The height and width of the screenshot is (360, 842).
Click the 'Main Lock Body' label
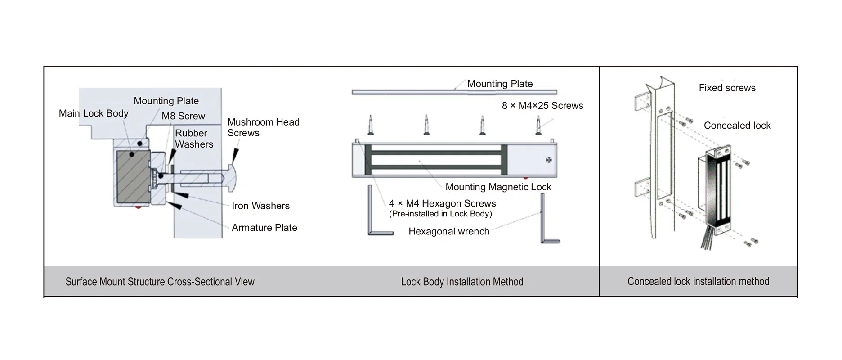tap(94, 113)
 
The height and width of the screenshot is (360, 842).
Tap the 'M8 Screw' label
tap(183, 116)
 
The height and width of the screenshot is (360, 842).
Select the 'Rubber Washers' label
tap(193, 139)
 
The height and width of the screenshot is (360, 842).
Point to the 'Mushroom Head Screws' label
tap(263, 127)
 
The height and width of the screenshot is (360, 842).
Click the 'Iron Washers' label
tap(260, 206)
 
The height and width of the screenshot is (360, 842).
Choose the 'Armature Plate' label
tap(264, 228)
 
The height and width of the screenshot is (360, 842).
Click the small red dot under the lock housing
tap(138, 207)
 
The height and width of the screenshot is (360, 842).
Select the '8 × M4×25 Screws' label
tap(542, 106)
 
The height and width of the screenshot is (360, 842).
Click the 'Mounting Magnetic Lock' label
tap(498, 187)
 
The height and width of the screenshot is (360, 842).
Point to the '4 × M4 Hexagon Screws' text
tap(442, 204)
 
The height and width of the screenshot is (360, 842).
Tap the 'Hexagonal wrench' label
tap(448, 232)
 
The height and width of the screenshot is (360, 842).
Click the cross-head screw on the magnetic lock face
tap(548, 160)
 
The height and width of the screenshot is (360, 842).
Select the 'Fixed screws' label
tap(727, 88)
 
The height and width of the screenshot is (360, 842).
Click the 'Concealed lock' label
tap(737, 126)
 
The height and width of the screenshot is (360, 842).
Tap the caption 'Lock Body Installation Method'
tap(462, 282)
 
